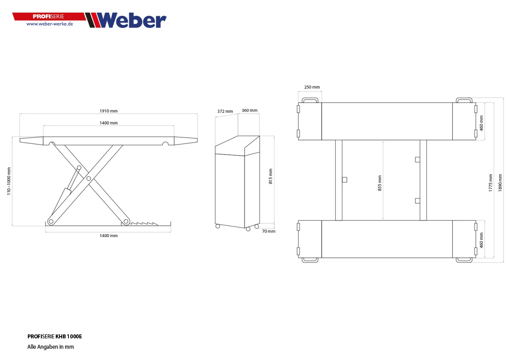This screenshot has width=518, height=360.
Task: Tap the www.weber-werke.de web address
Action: click(50, 24)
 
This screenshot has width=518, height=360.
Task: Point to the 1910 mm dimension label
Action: click(109, 111)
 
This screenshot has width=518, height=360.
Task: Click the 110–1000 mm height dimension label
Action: click(9, 181)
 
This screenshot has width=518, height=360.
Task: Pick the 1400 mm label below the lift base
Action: click(109, 236)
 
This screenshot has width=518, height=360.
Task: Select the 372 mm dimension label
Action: click(225, 111)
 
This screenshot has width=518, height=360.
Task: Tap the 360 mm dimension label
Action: click(250, 110)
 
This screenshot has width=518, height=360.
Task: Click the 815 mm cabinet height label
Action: click(271, 176)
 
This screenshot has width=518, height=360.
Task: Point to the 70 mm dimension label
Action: click(268, 231)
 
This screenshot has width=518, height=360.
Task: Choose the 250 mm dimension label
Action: click(312, 87)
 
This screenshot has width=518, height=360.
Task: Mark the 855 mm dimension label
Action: click(380, 183)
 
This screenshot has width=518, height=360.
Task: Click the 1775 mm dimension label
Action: click(491, 183)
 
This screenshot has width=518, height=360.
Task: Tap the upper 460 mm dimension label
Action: click(481, 122)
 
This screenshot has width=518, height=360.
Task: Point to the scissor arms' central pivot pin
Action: click(89, 179)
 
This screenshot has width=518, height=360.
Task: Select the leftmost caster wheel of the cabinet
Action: click(218, 226)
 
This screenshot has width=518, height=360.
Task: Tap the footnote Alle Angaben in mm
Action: click(50, 347)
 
